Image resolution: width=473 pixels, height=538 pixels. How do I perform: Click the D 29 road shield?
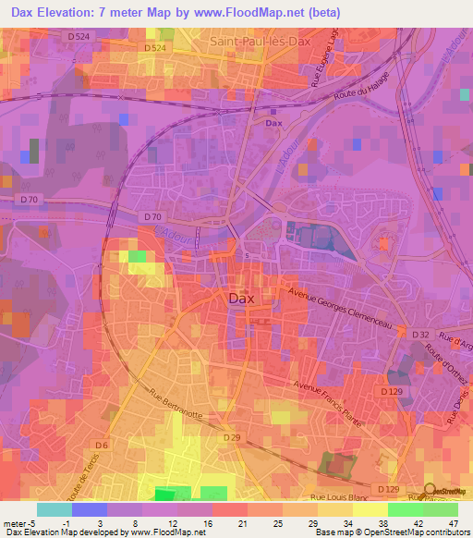coord(231,437)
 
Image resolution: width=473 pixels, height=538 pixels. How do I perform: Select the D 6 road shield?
coord(101,446)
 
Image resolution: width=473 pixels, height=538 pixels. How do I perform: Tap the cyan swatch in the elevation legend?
coord(55,509)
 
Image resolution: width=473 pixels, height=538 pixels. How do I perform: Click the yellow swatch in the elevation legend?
coord(370,509)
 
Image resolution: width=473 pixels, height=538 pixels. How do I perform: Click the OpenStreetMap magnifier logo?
coord(431,490)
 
